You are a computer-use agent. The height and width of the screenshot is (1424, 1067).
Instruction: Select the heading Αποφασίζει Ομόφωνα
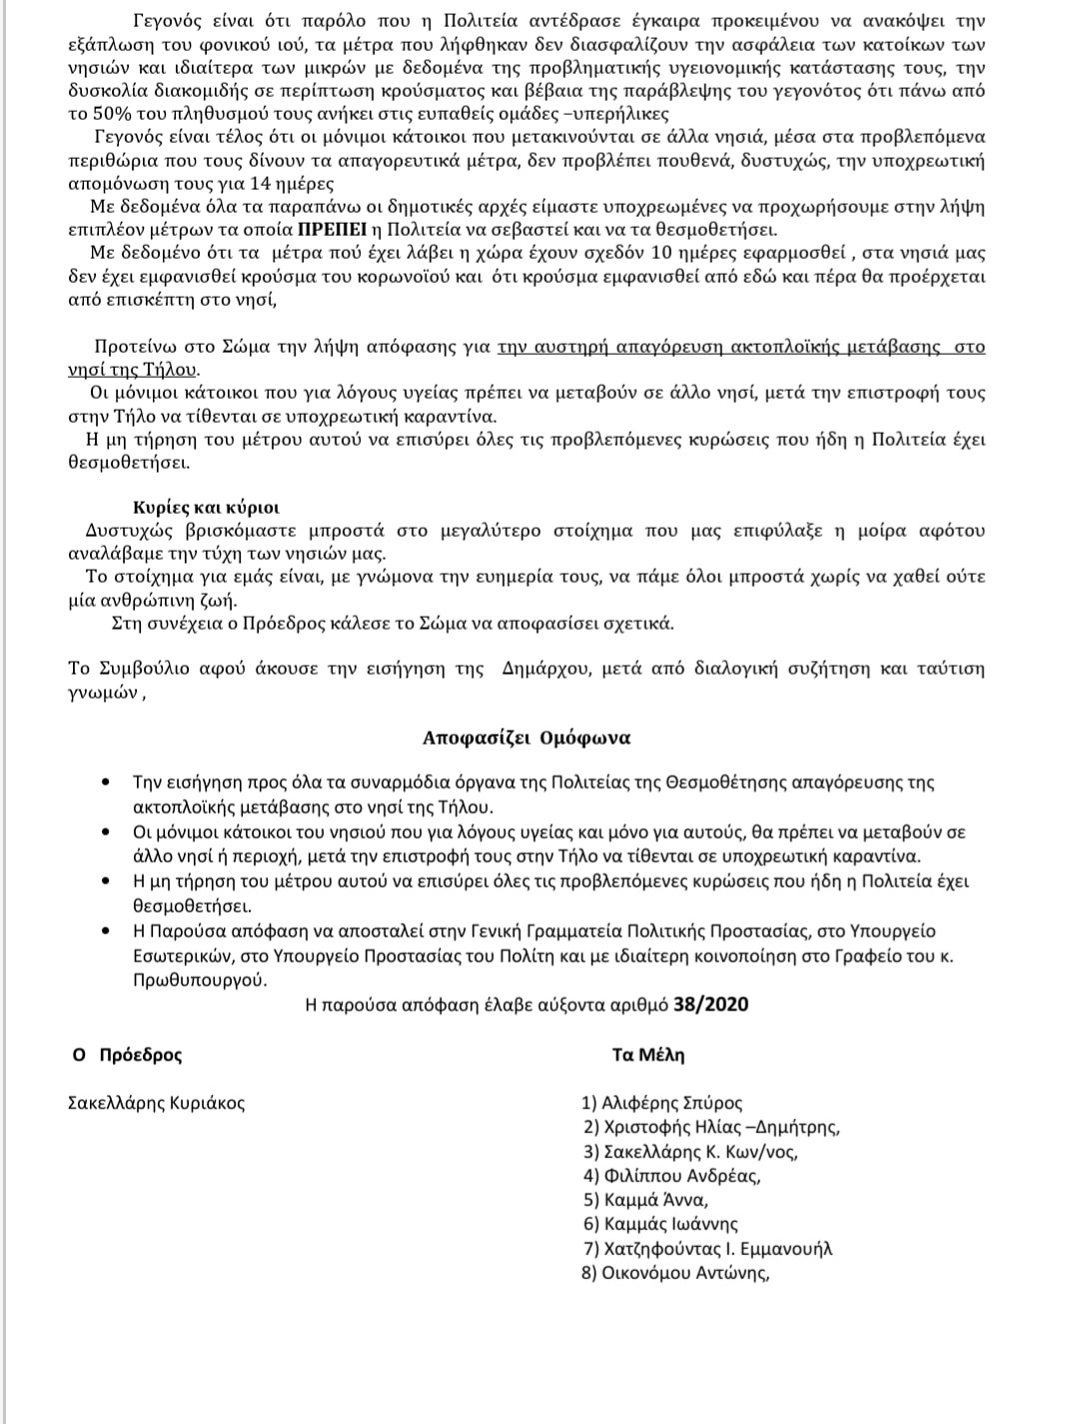(x=527, y=738)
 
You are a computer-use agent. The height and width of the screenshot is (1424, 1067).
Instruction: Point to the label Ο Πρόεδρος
(x=127, y=1055)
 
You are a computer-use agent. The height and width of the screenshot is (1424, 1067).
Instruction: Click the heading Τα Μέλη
(x=648, y=1055)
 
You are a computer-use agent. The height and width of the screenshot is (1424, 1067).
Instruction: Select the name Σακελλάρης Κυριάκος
(x=156, y=1103)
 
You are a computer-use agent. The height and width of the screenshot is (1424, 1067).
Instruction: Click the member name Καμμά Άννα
(x=646, y=1200)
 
